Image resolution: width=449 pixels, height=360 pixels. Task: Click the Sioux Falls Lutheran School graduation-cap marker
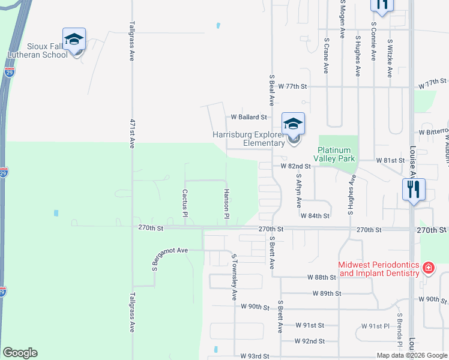pyautogui.click(x=74, y=40)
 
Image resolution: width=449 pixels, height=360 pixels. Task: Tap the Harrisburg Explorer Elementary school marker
pyautogui.click(x=293, y=125)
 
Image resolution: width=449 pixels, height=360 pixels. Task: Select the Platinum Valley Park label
pyautogui.click(x=336, y=154)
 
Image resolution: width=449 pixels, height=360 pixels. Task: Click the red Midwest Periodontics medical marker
pyautogui.click(x=429, y=268)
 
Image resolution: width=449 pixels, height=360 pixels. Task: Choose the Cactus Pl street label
pyautogui.click(x=185, y=203)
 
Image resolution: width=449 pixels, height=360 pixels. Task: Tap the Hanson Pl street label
pyautogui.click(x=227, y=203)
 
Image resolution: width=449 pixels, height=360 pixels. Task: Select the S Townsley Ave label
pyautogui.click(x=235, y=277)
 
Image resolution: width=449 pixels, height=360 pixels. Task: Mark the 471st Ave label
pyautogui.click(x=131, y=133)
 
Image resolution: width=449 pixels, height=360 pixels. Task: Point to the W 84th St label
pyautogui.click(x=315, y=215)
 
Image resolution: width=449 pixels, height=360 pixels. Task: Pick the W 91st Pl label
pyautogui.click(x=375, y=325)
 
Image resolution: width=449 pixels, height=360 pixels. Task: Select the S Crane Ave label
pyautogui.click(x=326, y=56)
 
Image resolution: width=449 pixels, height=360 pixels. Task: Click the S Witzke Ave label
pyautogui.click(x=390, y=59)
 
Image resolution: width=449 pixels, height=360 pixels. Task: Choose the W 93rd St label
pyautogui.click(x=255, y=356)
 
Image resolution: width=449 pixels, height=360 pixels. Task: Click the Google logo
pyautogui.click(x=20, y=353)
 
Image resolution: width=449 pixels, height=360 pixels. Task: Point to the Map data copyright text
pyautogui.click(x=412, y=355)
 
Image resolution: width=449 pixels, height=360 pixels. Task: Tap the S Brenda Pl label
pyautogui.click(x=399, y=330)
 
